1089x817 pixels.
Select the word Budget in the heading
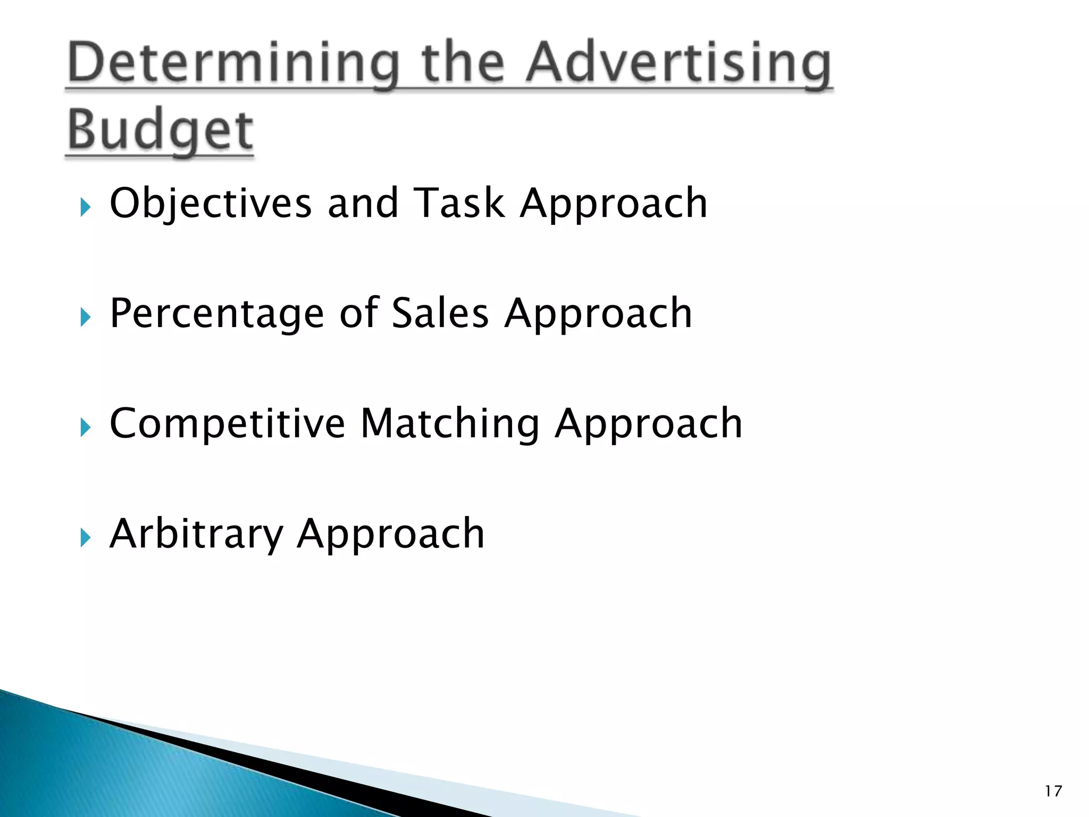point(160,130)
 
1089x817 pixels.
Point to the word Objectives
point(211,204)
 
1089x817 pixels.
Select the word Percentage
point(217,314)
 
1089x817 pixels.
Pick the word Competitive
point(227,423)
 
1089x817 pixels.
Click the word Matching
point(450,424)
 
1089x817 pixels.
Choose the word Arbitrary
point(196,535)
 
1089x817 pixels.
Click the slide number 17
point(1053,791)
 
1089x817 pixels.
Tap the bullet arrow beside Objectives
point(85,207)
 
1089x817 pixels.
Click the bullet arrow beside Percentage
point(85,318)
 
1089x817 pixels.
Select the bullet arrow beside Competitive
point(85,428)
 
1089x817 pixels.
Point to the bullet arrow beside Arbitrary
point(85,538)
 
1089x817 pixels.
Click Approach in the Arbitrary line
point(391,535)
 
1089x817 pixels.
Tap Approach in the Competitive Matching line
point(648,424)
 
